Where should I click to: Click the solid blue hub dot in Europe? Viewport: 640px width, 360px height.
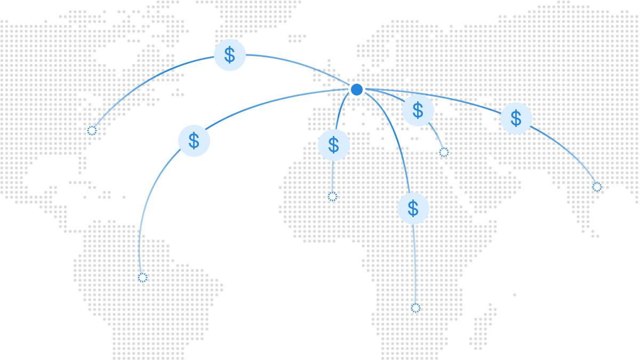[x=357, y=90]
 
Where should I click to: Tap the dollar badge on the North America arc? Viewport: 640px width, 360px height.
[x=230, y=55]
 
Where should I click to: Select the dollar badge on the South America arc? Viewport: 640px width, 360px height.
[x=194, y=141]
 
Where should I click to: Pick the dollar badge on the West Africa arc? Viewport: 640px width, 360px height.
[x=334, y=145]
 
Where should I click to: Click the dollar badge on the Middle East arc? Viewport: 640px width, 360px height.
[x=418, y=110]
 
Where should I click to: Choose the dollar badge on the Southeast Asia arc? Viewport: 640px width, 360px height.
[x=516, y=118]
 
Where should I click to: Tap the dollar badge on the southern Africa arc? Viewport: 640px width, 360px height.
[x=413, y=209]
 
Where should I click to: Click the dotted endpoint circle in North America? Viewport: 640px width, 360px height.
[x=92, y=131]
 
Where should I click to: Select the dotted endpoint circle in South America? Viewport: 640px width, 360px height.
[x=142, y=277]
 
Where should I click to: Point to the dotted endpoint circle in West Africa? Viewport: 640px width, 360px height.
[x=332, y=197]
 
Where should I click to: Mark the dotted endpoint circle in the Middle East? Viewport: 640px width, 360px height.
[x=444, y=153]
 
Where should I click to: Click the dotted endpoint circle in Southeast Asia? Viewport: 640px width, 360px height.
[x=597, y=187]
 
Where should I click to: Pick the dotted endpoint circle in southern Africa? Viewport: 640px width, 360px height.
[x=415, y=308]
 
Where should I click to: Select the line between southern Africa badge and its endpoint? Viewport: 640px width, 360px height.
[x=414, y=265]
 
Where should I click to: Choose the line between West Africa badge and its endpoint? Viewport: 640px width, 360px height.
[x=333, y=177]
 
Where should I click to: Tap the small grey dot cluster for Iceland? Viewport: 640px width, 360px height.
[x=297, y=38]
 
